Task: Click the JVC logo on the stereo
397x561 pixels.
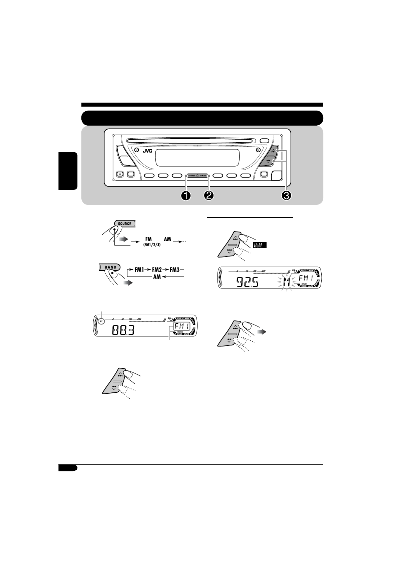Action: click(x=147, y=151)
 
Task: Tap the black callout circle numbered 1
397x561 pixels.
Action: click(x=185, y=196)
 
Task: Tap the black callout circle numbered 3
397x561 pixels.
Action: click(x=286, y=196)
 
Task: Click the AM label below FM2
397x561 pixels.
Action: click(x=157, y=278)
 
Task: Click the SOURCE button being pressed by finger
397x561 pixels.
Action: click(x=124, y=224)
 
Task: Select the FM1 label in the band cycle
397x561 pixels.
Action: click(x=139, y=270)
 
